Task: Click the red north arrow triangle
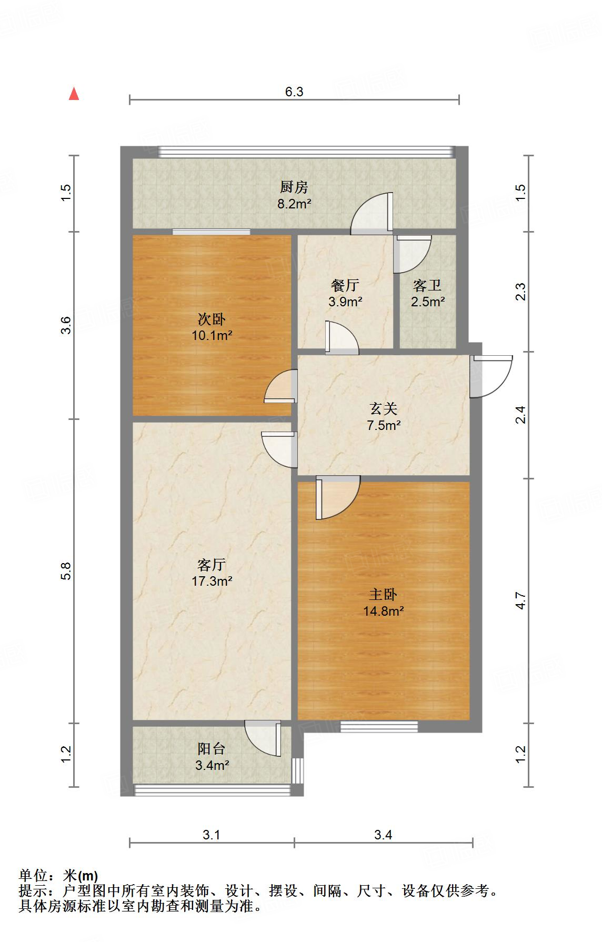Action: tap(74, 94)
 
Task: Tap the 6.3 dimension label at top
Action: tap(294, 92)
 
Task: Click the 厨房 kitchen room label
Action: tap(294, 187)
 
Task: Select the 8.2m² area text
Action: tap(294, 204)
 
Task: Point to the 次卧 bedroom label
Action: tap(212, 319)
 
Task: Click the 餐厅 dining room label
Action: tap(345, 285)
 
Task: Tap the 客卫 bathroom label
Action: tap(427, 285)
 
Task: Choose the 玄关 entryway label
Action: tap(383, 408)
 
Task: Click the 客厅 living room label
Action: tap(212, 565)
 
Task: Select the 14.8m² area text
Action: tap(383, 611)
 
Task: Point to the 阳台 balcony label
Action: tap(212, 748)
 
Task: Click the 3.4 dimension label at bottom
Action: tap(383, 835)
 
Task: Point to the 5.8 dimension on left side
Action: tap(65, 572)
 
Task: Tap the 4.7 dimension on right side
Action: tap(520, 601)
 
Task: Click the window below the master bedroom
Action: tap(379, 726)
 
